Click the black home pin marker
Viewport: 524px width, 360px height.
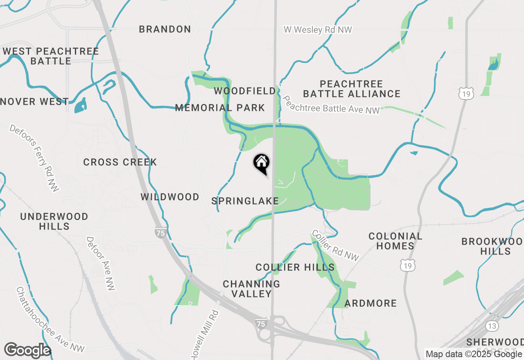(262, 163)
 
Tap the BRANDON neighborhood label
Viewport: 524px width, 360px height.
(165, 29)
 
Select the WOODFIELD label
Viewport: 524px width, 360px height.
(245, 91)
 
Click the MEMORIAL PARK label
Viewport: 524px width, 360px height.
(220, 108)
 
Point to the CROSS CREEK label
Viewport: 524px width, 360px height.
(120, 162)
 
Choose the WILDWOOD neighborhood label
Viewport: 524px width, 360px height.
(170, 197)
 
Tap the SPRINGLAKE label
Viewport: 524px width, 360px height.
(245, 201)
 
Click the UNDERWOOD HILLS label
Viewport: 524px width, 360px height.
(54, 221)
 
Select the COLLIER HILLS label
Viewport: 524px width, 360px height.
(295, 268)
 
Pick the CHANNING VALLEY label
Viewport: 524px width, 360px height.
(251, 289)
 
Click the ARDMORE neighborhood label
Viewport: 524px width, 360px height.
(370, 304)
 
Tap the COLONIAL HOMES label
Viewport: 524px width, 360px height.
(395, 241)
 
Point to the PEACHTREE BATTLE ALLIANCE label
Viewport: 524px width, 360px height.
(352, 89)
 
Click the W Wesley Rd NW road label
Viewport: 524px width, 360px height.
(318, 30)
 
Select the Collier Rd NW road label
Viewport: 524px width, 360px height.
(335, 245)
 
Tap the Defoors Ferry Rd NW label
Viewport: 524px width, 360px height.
(34, 157)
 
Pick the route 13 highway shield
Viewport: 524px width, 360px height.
(492, 326)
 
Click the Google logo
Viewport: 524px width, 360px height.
(27, 351)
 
